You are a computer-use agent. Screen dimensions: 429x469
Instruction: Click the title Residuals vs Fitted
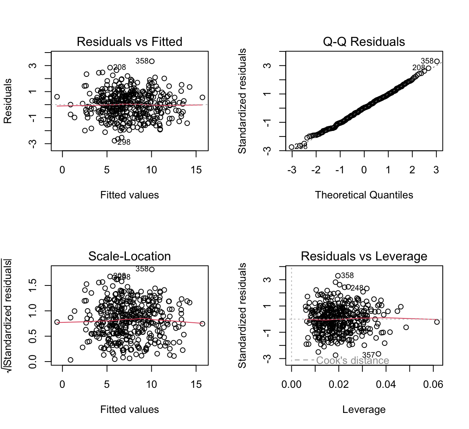click(129, 42)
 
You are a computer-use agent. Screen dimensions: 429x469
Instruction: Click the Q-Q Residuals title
click(364, 42)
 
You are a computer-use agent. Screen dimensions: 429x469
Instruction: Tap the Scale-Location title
click(129, 256)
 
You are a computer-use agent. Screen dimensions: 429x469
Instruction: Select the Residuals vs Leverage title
click(364, 256)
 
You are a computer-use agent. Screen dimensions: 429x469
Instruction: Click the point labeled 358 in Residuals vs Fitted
click(152, 61)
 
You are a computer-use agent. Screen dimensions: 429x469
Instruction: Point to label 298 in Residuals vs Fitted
click(124, 142)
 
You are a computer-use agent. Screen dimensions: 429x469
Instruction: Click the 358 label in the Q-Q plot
click(427, 61)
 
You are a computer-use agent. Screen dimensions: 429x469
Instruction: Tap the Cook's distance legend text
click(353, 360)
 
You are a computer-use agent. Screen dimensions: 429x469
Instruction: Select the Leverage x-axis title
click(364, 409)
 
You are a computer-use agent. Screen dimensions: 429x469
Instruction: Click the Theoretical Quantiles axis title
click(364, 195)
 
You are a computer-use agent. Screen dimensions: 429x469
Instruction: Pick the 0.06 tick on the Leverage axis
click(433, 385)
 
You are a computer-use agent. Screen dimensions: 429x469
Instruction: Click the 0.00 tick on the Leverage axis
click(291, 385)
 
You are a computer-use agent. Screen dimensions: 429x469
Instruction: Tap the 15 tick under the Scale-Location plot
click(196, 385)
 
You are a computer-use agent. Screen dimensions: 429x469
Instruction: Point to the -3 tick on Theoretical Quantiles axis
click(291, 170)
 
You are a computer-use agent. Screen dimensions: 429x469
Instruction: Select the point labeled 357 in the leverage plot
click(378, 354)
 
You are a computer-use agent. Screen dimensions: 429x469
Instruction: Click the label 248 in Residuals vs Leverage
click(357, 288)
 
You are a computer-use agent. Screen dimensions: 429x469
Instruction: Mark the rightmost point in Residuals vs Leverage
click(437, 322)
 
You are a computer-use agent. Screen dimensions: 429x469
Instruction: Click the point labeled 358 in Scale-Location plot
click(152, 269)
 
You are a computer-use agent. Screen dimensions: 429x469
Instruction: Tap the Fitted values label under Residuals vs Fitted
click(129, 195)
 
